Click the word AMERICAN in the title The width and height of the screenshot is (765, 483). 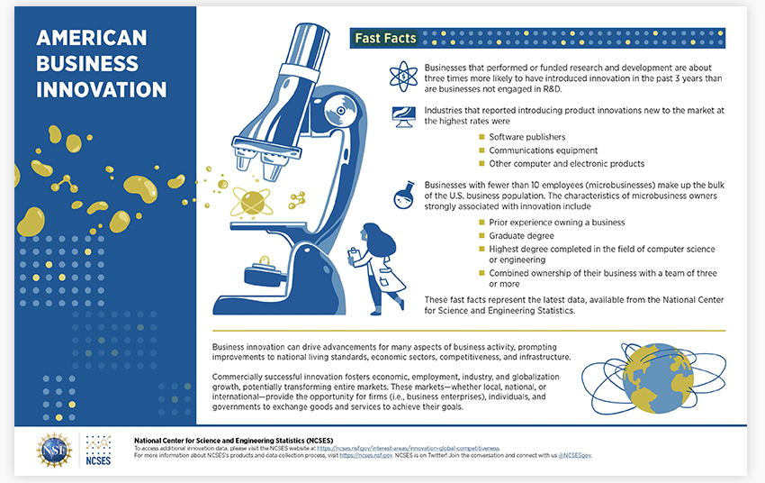pyautogui.click(x=91, y=38)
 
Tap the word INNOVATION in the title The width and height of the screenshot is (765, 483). pyautogui.click(x=102, y=90)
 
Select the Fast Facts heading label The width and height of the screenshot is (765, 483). pyautogui.click(x=385, y=38)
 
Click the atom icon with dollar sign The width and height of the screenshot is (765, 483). pyautogui.click(x=403, y=77)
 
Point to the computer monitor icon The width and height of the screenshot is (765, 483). pyautogui.click(x=404, y=117)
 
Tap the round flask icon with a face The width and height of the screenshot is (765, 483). pyautogui.click(x=404, y=196)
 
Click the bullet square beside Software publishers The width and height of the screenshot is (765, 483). pyautogui.click(x=482, y=137)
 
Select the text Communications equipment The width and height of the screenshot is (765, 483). pyautogui.click(x=543, y=150)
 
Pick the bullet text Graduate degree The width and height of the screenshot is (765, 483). pyautogui.click(x=521, y=236)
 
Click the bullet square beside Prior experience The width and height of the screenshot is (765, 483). pyautogui.click(x=482, y=223)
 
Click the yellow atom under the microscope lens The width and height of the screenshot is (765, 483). pyautogui.click(x=252, y=201)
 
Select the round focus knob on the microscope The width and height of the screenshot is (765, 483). pyautogui.click(x=340, y=111)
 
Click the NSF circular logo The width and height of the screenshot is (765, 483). pyautogui.click(x=54, y=450)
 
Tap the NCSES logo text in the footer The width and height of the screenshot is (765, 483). pyautogui.click(x=98, y=460)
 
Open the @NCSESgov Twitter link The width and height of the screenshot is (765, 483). pyautogui.click(x=575, y=455)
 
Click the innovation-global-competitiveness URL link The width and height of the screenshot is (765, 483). pyautogui.click(x=409, y=448)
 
